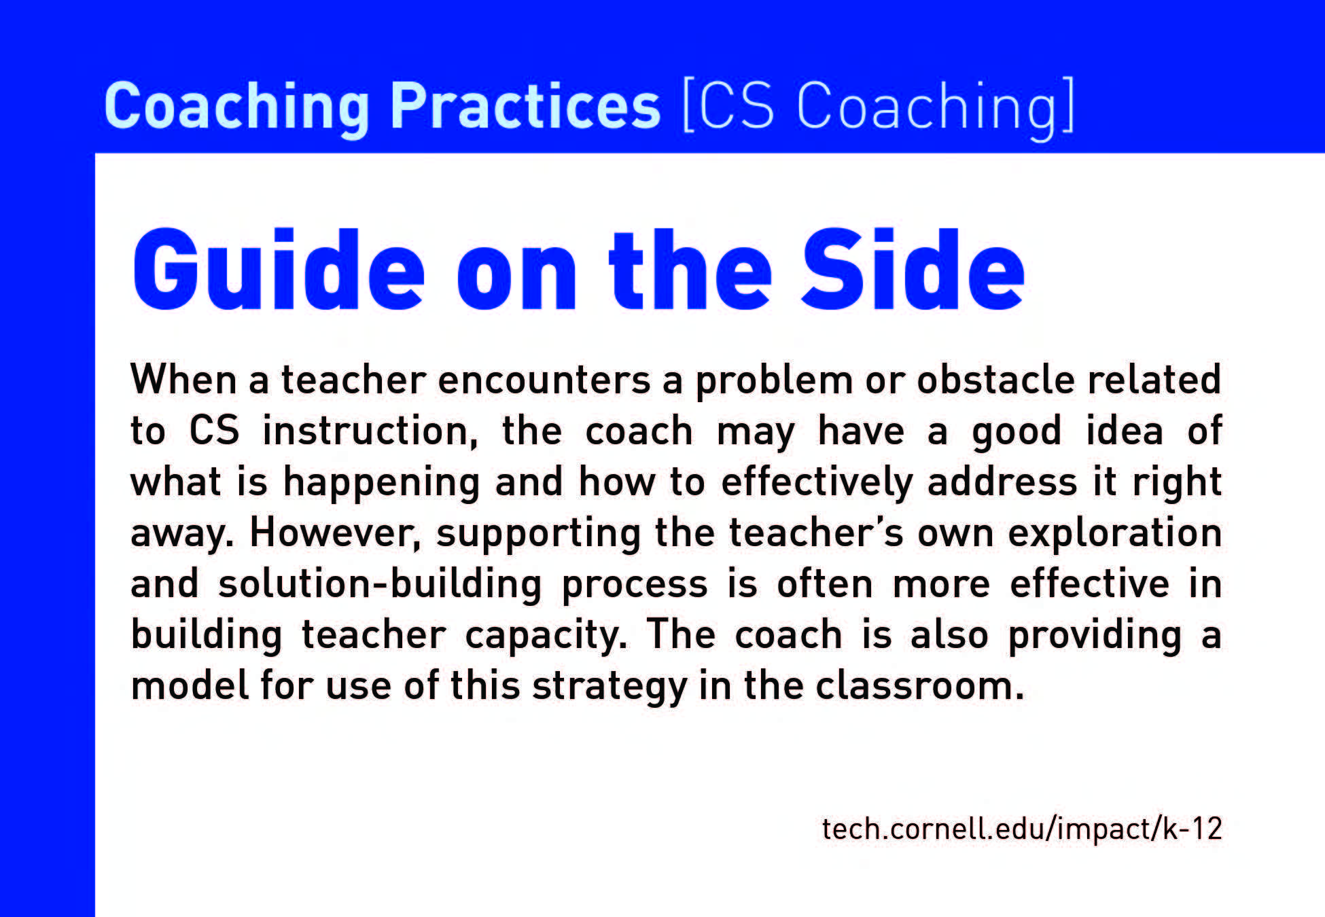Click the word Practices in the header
point(525,107)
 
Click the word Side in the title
point(913,270)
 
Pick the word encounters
point(544,380)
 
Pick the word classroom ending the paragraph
point(920,686)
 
